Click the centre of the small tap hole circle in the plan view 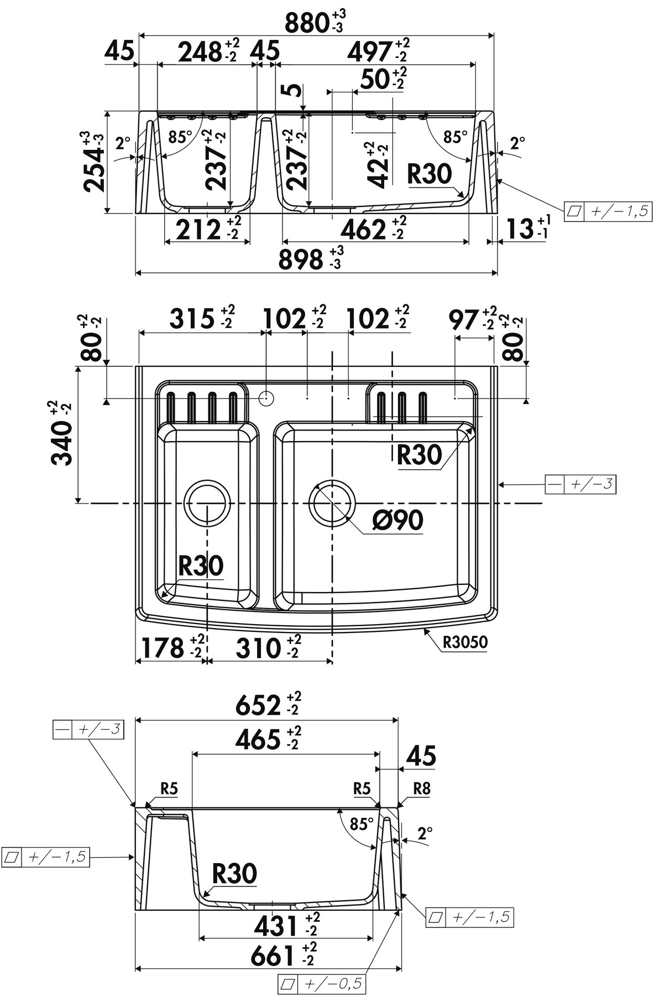point(266,398)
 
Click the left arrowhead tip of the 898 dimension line point(135,273)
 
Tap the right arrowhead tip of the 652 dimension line point(398,721)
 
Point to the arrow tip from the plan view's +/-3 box point(499,485)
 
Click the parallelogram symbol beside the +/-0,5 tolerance point(287,983)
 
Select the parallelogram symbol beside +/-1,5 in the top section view point(575,211)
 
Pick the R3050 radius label point(465,642)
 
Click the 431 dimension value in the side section point(275,924)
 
